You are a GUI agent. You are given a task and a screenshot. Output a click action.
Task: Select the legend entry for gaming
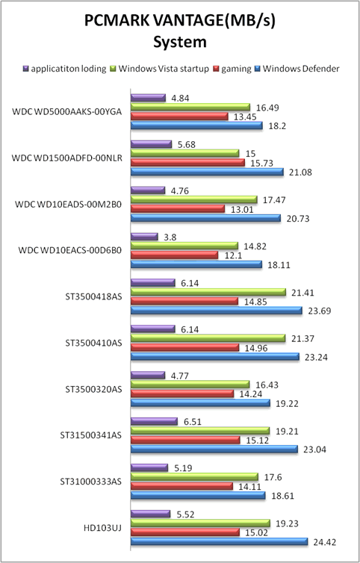coord(232,69)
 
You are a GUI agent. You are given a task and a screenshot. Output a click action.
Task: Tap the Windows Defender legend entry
coord(297,69)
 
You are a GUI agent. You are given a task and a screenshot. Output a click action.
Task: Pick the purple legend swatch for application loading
coord(25,68)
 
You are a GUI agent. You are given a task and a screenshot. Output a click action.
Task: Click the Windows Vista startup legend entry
coord(161,69)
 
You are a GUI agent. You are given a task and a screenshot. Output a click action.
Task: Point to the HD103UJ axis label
coord(102,527)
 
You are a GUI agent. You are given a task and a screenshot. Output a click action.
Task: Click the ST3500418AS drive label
coord(93,297)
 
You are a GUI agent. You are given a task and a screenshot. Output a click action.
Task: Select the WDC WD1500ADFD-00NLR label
coord(66,158)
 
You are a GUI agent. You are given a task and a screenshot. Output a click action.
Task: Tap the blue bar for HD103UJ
coord(219,541)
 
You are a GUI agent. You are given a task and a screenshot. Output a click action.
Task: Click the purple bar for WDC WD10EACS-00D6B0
coord(144,237)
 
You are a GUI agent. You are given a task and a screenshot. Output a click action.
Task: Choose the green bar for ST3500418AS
coord(208,292)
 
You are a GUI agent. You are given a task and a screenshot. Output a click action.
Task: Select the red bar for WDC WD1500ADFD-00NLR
coord(187,163)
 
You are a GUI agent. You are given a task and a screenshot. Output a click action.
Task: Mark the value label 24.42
coord(324,542)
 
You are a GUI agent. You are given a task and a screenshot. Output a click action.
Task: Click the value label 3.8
coord(170,237)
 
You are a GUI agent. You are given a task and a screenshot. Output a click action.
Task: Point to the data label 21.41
coord(302,293)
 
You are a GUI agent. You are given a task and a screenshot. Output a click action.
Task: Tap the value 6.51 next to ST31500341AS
coord(192,422)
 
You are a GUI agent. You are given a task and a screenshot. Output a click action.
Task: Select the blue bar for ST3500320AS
coord(200,403)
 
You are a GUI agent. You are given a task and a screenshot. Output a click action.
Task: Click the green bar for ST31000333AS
coord(194,477)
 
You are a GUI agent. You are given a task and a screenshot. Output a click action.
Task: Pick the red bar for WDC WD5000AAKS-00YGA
coord(179,116)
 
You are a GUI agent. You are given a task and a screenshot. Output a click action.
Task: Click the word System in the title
coord(180,43)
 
